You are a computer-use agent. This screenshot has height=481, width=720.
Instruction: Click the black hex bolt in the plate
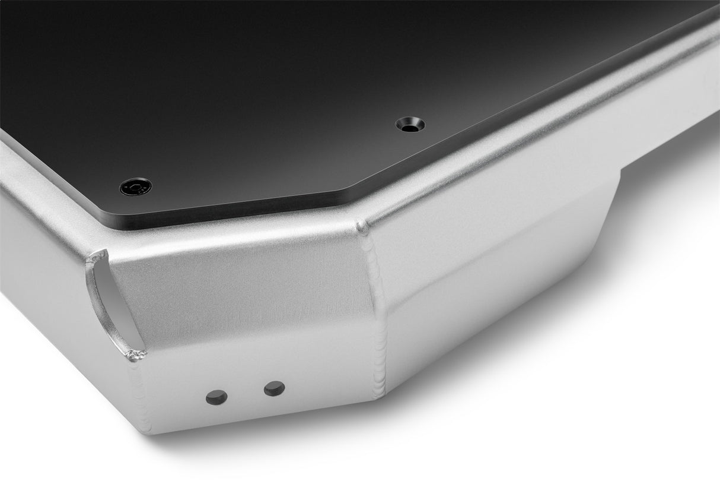(x=135, y=187)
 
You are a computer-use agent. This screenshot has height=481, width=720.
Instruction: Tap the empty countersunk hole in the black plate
(x=410, y=125)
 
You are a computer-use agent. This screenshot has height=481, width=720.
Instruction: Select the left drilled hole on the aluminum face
(x=216, y=397)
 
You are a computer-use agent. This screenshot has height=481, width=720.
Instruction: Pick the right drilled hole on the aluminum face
(x=274, y=388)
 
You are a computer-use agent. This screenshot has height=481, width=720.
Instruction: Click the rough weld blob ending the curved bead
(x=136, y=355)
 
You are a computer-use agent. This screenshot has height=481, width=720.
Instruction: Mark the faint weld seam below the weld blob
(x=140, y=392)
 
